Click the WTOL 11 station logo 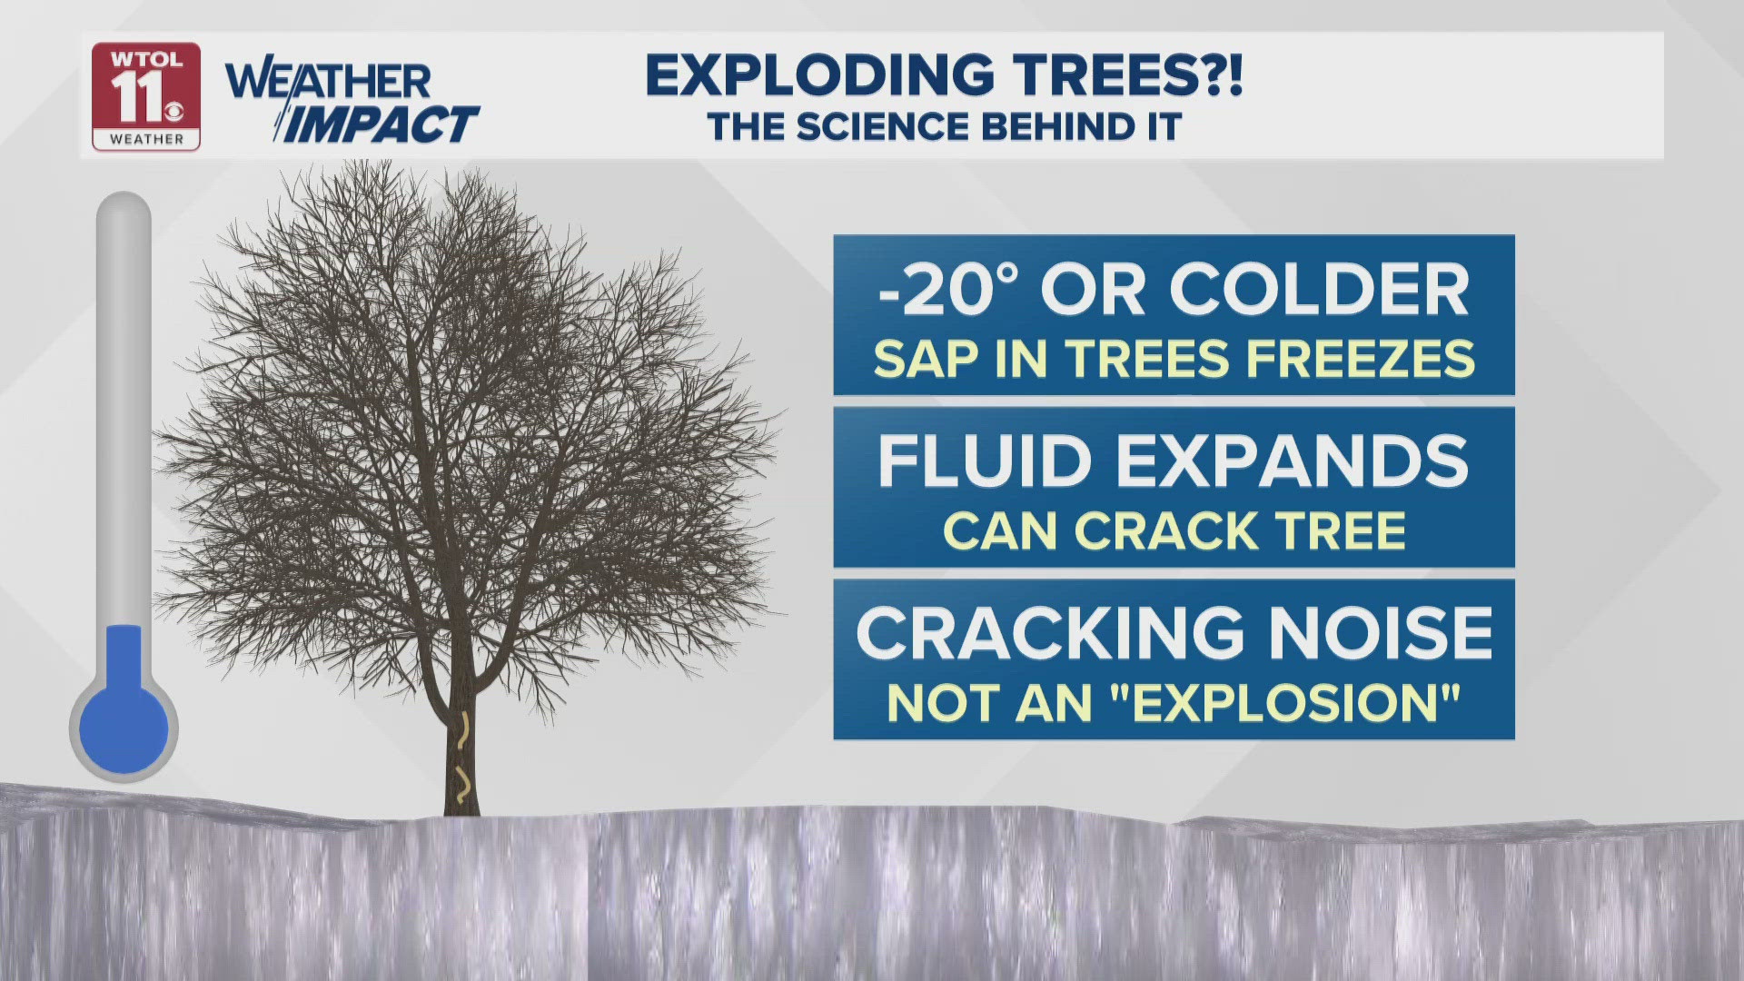[146, 97]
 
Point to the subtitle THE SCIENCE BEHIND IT [945, 127]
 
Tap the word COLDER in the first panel [1320, 290]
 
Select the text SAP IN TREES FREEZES [1174, 359]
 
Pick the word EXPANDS [1292, 461]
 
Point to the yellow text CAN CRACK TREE [1174, 530]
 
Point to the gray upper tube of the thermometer [124, 409]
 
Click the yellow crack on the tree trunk [463, 758]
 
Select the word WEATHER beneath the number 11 [146, 139]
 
